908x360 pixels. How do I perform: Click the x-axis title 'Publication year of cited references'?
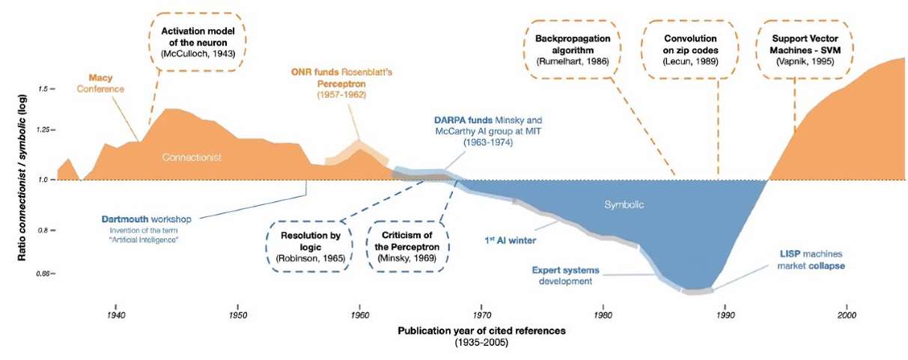(482, 330)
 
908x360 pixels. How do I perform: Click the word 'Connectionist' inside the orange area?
(192, 157)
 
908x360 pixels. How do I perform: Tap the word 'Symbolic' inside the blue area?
(624, 204)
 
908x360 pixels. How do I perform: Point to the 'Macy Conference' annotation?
(105, 83)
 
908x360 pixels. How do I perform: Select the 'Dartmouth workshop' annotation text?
(146, 219)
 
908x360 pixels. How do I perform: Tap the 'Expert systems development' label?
(561, 275)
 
